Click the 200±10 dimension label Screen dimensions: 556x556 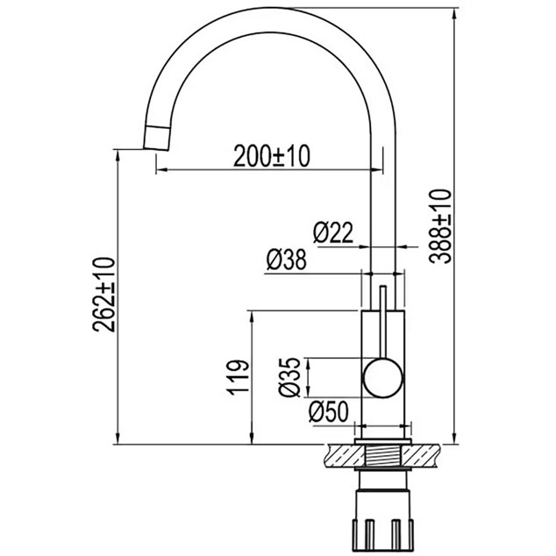coord(272,156)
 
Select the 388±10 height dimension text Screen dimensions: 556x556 coord(440,226)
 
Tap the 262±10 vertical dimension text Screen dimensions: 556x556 coord(103,295)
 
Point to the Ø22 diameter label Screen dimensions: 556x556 coord(333,232)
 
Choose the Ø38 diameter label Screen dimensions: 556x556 coord(286,260)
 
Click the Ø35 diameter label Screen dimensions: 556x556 coord(289,377)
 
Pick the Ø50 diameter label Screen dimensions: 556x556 coord(329,411)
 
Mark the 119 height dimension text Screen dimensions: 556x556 coord(239,378)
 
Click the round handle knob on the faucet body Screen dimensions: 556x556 coord(383,378)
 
